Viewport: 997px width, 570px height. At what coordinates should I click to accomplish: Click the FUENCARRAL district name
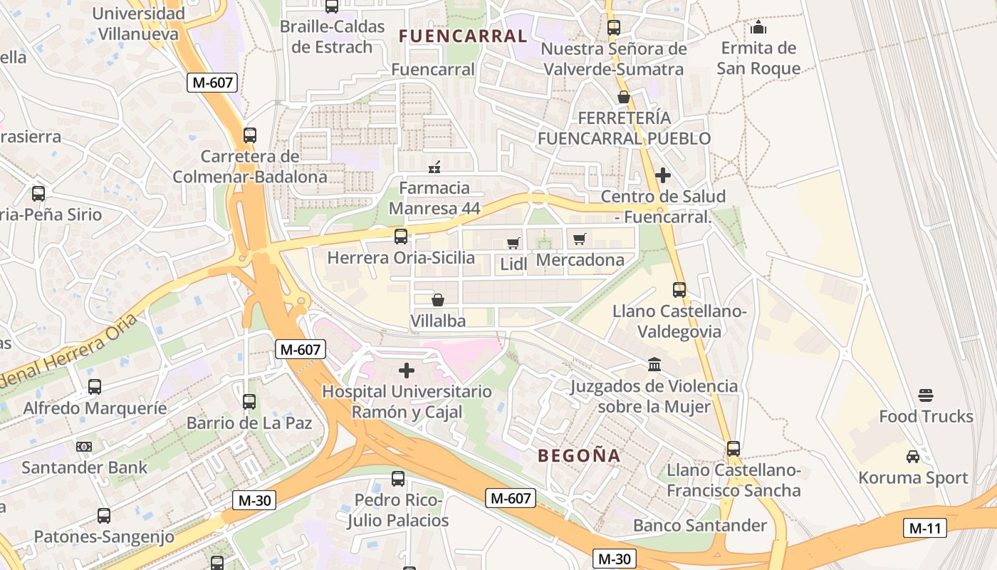[463, 36]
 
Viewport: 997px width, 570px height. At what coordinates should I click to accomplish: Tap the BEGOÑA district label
[578, 455]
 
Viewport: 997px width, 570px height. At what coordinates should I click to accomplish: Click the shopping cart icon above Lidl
[513, 243]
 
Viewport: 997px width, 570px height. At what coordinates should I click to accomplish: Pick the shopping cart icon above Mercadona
[580, 239]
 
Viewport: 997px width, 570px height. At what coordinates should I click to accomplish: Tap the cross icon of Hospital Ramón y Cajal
[407, 370]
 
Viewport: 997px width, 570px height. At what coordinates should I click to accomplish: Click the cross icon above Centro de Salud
[663, 175]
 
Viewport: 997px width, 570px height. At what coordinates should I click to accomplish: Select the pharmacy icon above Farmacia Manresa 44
[434, 167]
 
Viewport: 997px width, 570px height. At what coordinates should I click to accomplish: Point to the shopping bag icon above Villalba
[438, 301]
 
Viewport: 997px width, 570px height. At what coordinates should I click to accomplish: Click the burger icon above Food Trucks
[926, 395]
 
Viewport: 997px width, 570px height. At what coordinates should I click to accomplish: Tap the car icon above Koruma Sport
[913, 457]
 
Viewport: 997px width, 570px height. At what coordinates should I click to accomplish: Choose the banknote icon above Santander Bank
[84, 447]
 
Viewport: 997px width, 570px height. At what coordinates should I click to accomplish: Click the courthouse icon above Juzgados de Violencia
[654, 366]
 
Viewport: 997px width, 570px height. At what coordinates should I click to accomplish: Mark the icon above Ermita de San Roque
[758, 28]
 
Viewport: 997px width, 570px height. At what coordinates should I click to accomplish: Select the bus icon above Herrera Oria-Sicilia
[401, 237]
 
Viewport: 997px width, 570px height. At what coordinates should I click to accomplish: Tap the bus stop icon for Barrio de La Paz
[249, 402]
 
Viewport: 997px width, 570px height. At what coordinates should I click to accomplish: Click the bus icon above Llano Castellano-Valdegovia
[679, 290]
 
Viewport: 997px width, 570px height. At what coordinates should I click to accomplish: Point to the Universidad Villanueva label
[140, 23]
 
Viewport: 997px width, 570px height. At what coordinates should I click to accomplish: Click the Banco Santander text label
[700, 526]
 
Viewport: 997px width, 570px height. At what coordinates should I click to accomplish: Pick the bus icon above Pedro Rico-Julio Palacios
[398, 479]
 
